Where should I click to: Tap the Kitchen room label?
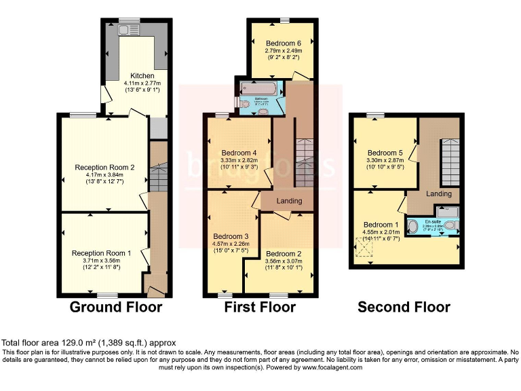(143, 75)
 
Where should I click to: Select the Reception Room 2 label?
(104, 167)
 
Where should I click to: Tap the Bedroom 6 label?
(283, 43)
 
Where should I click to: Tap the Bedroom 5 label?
(385, 153)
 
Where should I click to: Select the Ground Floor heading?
(116, 308)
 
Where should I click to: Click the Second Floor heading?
(404, 308)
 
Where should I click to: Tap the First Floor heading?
(260, 308)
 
